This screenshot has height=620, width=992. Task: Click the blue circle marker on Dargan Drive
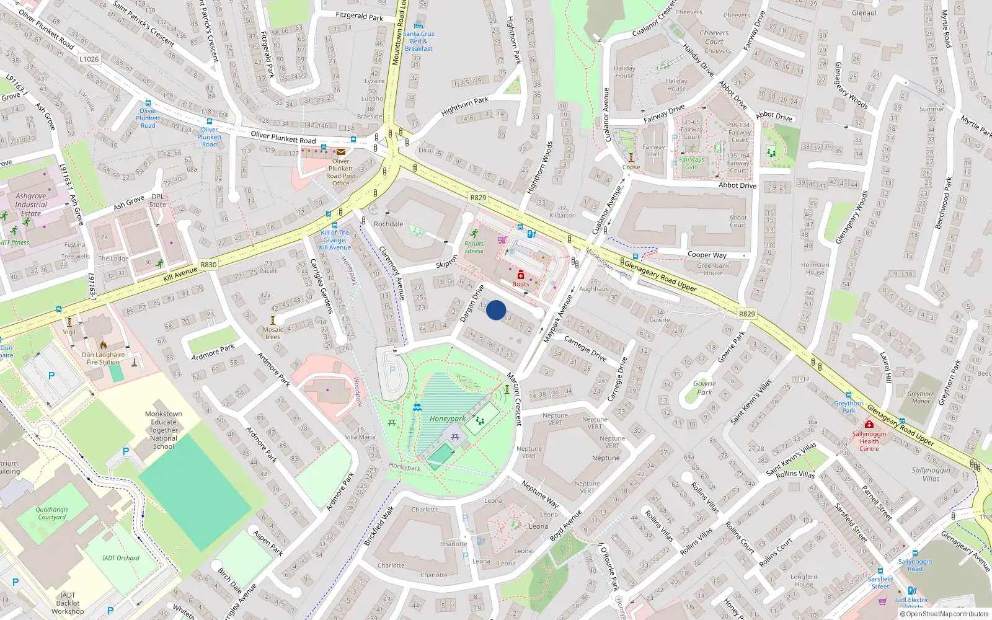[496, 310]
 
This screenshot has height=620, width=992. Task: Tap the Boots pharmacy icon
[521, 275]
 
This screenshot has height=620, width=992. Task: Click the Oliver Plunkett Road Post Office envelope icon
[341, 152]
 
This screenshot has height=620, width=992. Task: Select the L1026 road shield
[89, 59]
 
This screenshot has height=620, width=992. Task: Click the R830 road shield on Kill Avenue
[208, 265]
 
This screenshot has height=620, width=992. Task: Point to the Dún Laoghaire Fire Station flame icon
[103, 345]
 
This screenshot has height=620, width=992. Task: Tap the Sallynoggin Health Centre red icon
[869, 424]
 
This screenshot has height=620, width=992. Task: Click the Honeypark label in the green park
[448, 418]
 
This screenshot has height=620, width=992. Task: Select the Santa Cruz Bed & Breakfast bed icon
[418, 26]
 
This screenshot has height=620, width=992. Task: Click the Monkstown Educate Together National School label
[164, 430]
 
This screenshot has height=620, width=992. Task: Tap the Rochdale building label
[388, 224]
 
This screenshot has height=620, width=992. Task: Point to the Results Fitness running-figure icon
[474, 234]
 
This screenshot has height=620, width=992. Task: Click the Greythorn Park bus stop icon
[849, 394]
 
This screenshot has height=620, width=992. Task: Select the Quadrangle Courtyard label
[52, 513]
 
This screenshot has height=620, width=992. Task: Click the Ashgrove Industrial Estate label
[31, 205]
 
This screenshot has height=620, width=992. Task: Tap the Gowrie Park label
[704, 387]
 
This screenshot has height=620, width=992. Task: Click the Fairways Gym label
[691, 163]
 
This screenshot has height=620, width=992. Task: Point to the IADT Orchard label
[121, 558]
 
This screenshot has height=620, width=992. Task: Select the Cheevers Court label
[714, 37]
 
